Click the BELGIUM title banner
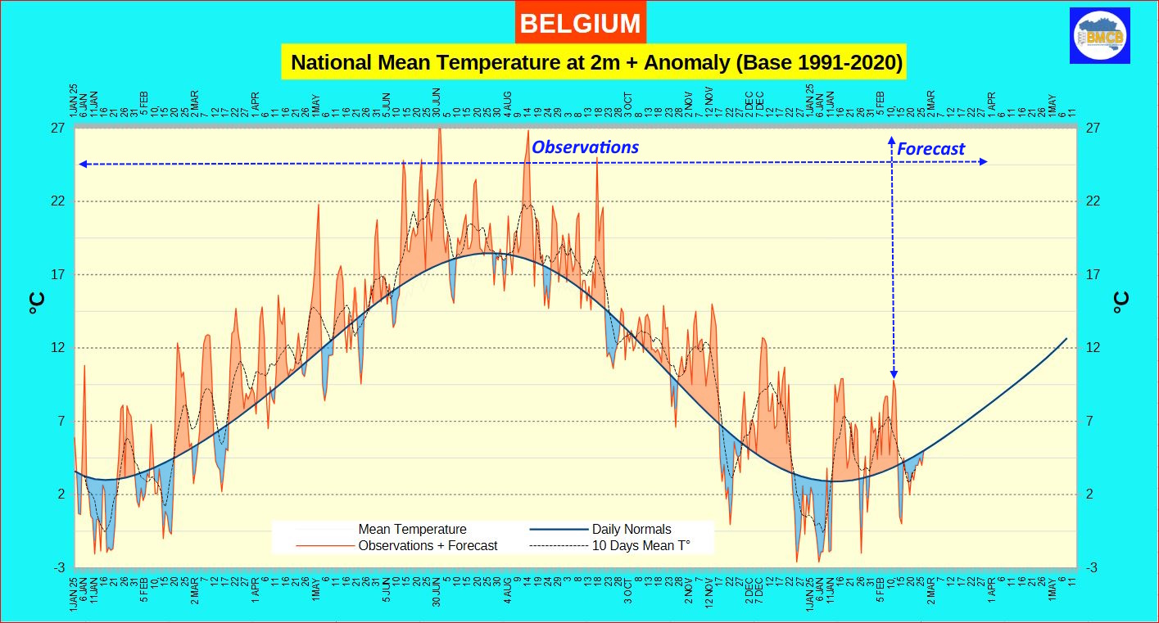580,24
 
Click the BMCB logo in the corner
1100,35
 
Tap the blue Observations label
585,147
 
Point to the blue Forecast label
930,149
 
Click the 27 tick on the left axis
59,129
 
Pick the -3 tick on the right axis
1092,568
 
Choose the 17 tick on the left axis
59,275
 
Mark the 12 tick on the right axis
1093,348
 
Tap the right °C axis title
1121,304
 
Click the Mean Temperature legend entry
412,530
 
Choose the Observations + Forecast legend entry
428,545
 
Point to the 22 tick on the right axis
1093,201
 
